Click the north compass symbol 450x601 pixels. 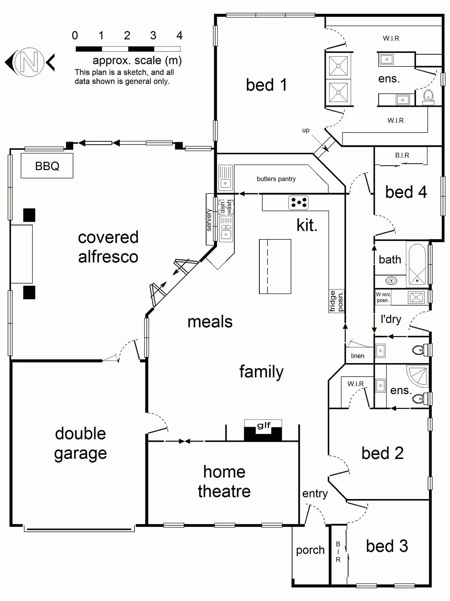pyautogui.click(x=29, y=62)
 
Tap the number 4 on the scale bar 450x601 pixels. pyautogui.click(x=179, y=36)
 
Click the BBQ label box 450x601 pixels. pyautogui.click(x=47, y=166)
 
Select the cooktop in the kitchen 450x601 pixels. pyautogui.click(x=298, y=203)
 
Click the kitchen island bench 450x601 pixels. pyautogui.click(x=275, y=266)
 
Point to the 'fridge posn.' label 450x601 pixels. pyautogui.click(x=336, y=301)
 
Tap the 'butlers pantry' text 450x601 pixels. pyautogui.click(x=276, y=179)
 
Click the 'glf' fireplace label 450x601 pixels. pyautogui.click(x=264, y=425)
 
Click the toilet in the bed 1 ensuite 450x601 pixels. pyautogui.click(x=428, y=97)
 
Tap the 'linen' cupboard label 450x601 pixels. pyautogui.click(x=358, y=356)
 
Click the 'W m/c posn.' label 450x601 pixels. pyautogui.click(x=383, y=297)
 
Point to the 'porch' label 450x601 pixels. pyautogui.click(x=310, y=550)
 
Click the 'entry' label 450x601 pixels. pyautogui.click(x=315, y=494)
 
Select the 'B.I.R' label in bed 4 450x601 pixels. pyautogui.click(x=402, y=155)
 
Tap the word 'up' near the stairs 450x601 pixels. pyautogui.click(x=306, y=130)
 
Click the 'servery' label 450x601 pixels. pyautogui.click(x=209, y=220)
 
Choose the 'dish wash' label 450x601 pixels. pyautogui.click(x=226, y=207)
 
